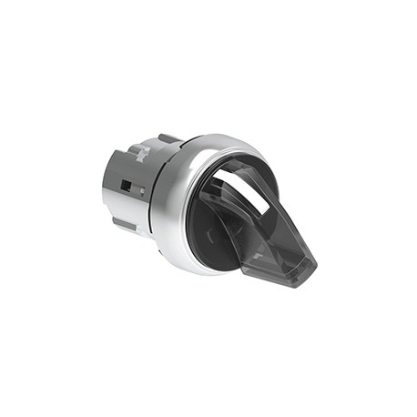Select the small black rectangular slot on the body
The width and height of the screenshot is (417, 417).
click(127, 188)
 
